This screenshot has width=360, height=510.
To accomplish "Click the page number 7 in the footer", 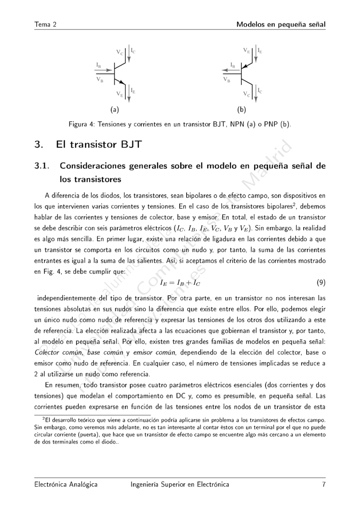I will pyautogui.click(x=324, y=485).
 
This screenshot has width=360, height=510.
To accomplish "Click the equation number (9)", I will pyautogui.click(x=321, y=282).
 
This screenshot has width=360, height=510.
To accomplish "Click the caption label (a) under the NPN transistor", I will pyautogui.click(x=114, y=109).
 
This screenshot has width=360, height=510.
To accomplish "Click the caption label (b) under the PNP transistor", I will pyautogui.click(x=241, y=109).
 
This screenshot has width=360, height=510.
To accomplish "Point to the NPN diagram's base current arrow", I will pyautogui.click(x=105, y=70).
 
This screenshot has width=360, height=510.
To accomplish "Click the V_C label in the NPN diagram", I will pyautogui.click(x=119, y=53).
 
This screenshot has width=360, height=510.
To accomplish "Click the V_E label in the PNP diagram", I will pyautogui.click(x=246, y=50).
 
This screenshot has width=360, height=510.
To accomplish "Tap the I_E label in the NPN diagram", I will pyautogui.click(x=133, y=91).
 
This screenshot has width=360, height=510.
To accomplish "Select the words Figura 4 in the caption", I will pyautogui.click(x=83, y=124).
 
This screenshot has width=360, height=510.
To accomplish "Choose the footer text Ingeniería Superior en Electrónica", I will pyautogui.click(x=179, y=485).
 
